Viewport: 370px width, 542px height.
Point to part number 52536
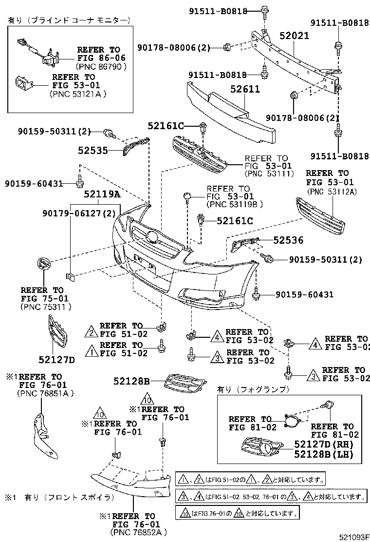(288, 240)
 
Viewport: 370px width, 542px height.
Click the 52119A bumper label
(101, 194)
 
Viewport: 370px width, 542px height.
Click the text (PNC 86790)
(101, 66)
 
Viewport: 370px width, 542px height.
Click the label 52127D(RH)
(323, 444)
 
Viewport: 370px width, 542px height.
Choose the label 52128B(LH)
(323, 454)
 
